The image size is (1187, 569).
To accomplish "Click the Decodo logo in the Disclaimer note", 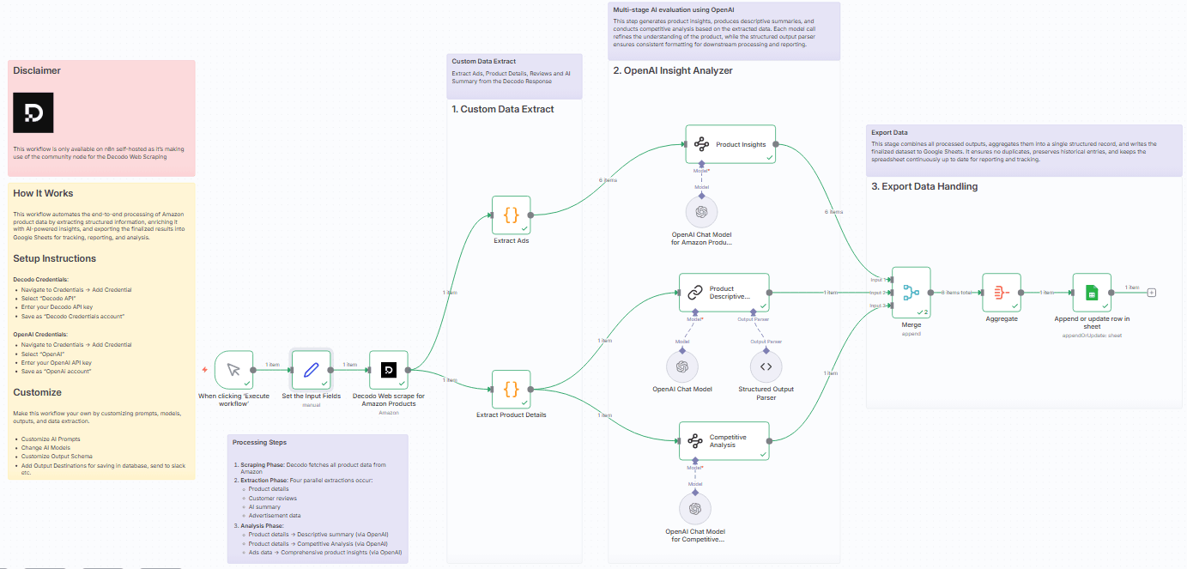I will [x=33, y=112].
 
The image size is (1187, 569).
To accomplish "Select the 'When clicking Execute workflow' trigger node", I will [x=233, y=370].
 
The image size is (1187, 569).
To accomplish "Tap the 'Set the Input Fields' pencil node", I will [x=311, y=370].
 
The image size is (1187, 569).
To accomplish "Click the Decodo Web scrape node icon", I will [x=388, y=370].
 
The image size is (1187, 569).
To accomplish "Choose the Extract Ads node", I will [x=511, y=215].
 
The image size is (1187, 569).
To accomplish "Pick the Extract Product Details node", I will [x=511, y=389].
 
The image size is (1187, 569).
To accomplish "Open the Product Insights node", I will [x=730, y=144].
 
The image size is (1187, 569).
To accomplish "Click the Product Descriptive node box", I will [x=724, y=293].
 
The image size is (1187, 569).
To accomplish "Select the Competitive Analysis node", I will [x=724, y=441].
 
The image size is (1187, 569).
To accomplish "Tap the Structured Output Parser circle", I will [x=766, y=366].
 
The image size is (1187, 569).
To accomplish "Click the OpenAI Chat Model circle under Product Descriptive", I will [x=682, y=366].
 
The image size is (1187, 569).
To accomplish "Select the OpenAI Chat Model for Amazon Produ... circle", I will [x=701, y=211].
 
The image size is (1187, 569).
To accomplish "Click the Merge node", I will [x=911, y=293].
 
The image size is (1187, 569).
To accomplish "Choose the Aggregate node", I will [x=1001, y=293].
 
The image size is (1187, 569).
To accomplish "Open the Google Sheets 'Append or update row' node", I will [x=1092, y=293].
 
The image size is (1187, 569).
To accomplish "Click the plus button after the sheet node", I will [x=1152, y=293].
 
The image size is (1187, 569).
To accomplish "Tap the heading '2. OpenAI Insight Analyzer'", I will [x=673, y=70].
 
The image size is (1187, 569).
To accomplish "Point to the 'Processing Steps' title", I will [x=259, y=442].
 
